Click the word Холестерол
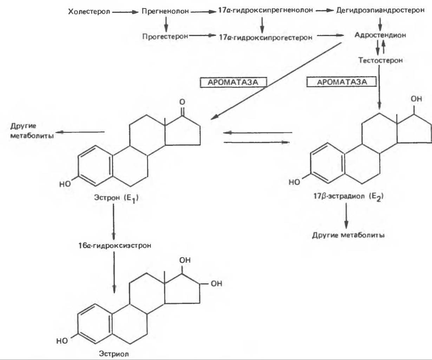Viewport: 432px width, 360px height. (89, 12)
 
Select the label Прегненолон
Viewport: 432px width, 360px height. (165, 11)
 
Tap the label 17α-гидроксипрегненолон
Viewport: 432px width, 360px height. (266, 11)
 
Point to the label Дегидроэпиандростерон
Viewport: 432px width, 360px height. (380, 11)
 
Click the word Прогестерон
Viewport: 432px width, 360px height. (165, 36)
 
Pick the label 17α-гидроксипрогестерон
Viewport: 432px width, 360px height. (266, 37)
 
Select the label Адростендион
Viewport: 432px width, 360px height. (380, 35)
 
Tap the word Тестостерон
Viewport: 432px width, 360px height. (380, 60)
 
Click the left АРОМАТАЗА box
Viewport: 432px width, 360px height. (233, 83)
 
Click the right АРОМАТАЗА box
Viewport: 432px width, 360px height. (342, 82)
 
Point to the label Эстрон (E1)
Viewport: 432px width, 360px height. (116, 198)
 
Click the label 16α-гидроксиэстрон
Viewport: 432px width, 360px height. (115, 246)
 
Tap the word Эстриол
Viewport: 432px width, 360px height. (114, 354)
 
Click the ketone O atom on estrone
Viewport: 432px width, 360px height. (182, 102)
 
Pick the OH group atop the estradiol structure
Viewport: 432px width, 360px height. (416, 99)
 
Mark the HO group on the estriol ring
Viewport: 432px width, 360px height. (62, 341)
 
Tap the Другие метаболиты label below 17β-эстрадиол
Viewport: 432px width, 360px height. (348, 235)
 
